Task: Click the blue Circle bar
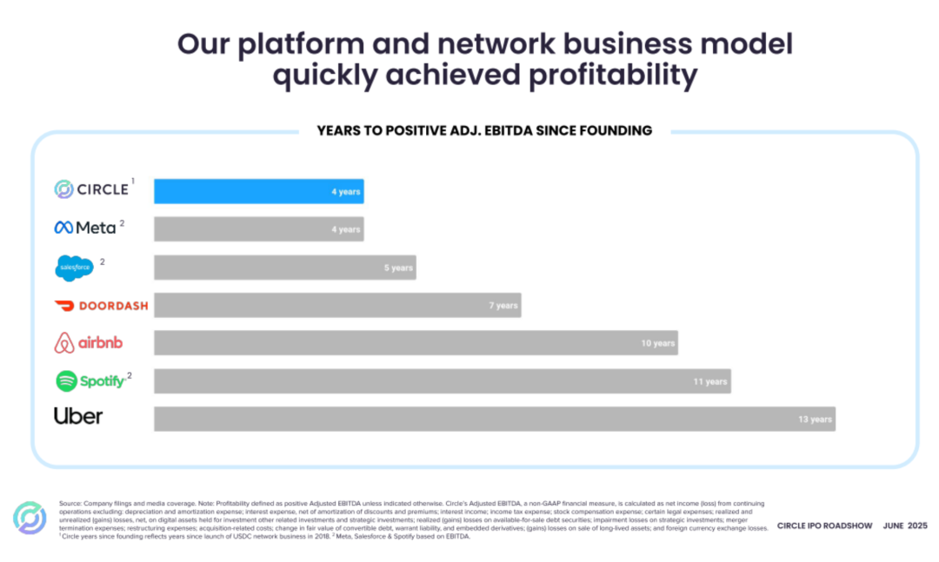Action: pyautogui.click(x=258, y=191)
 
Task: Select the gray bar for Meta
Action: pyautogui.click(x=258, y=229)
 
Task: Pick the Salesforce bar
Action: pyautogui.click(x=284, y=268)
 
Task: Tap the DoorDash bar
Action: pyautogui.click(x=337, y=305)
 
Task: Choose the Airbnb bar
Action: pyautogui.click(x=416, y=343)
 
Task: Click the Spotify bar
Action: pyautogui.click(x=442, y=381)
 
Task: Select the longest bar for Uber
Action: pyautogui.click(x=494, y=419)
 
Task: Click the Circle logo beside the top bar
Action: pyautogui.click(x=91, y=189)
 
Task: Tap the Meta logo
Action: pyautogui.click(x=85, y=228)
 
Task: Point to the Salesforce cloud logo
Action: pyautogui.click(x=74, y=268)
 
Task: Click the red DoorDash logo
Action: pyautogui.click(x=101, y=306)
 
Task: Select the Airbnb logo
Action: pyautogui.click(x=88, y=343)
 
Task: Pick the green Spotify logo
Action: pyautogui.click(x=90, y=380)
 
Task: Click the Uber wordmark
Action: pyautogui.click(x=78, y=416)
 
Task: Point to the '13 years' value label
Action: pyautogui.click(x=815, y=420)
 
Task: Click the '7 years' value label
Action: pyautogui.click(x=503, y=306)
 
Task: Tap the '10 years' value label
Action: pyautogui.click(x=658, y=344)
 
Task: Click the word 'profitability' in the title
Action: pyautogui.click(x=613, y=76)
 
